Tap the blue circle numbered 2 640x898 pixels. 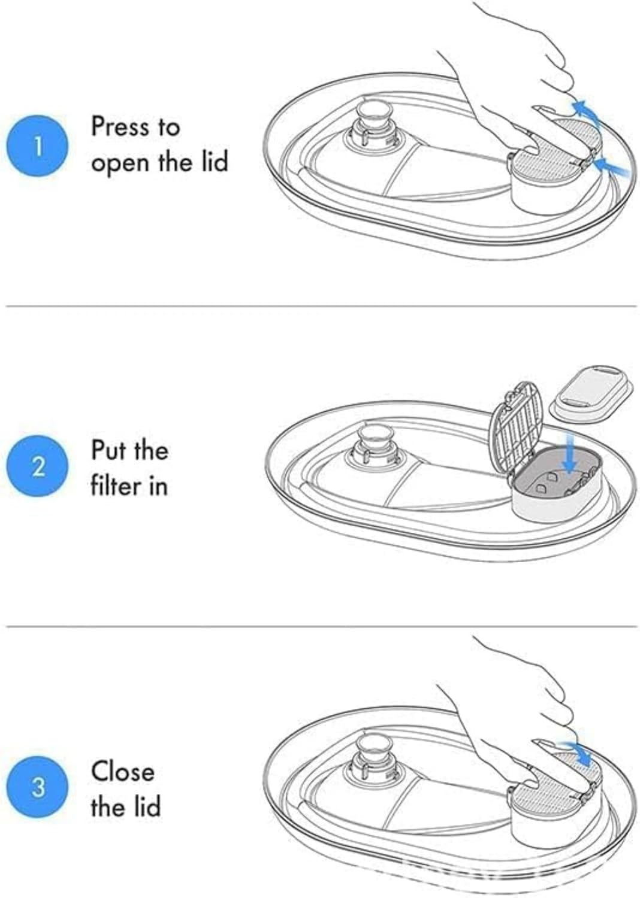click(x=38, y=466)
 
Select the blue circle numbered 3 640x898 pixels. click(x=38, y=787)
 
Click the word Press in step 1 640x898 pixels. click(x=119, y=127)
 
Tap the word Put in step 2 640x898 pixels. click(x=106, y=450)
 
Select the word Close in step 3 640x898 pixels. click(x=123, y=771)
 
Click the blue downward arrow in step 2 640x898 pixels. click(x=570, y=458)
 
